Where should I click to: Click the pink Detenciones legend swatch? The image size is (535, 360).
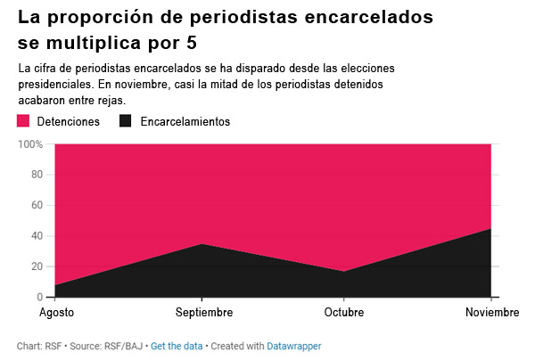(23, 121)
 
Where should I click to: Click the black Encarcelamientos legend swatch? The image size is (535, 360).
(125, 121)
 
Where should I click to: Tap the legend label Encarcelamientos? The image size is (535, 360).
(185, 121)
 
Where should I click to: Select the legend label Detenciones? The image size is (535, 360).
(69, 121)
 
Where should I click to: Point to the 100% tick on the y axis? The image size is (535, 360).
(30, 144)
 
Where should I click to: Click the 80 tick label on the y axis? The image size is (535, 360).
(37, 175)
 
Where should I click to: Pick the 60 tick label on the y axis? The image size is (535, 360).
(37, 205)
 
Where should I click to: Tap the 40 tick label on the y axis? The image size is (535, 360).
(37, 236)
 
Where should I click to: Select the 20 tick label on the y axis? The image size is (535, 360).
(37, 266)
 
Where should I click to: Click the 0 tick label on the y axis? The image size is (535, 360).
(40, 297)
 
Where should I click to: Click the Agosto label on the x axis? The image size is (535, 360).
(57, 312)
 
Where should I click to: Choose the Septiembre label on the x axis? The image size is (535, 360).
(204, 312)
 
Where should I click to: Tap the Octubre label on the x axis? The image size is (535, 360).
(344, 312)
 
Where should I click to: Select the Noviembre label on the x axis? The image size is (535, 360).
(492, 312)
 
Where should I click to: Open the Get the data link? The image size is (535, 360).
(177, 346)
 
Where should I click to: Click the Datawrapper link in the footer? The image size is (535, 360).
(293, 346)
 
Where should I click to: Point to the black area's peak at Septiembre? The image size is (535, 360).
(202, 244)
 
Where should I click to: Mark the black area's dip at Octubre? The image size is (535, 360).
(343, 272)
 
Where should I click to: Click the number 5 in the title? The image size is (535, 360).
(192, 43)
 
